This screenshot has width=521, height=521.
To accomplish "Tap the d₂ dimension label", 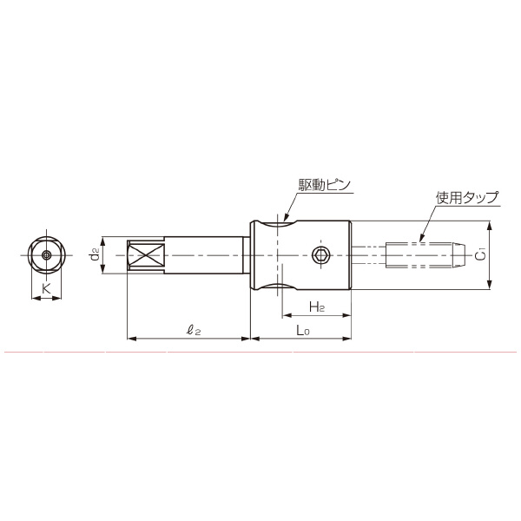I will tap(95, 255).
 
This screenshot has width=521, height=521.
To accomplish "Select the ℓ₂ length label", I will tap(194, 329).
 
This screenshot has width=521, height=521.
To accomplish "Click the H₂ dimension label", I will tap(316, 308).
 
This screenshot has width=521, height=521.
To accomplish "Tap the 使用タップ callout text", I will tap(466, 198).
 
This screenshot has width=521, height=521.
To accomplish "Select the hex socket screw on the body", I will tap(320, 255).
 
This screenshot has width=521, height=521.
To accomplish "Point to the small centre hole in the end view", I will tap(46, 255).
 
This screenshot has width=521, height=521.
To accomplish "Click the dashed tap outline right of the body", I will tap(421, 255).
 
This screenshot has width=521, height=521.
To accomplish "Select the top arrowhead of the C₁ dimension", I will tap(491, 225).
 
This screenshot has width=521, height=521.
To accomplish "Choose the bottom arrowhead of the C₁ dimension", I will tap(491, 285).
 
